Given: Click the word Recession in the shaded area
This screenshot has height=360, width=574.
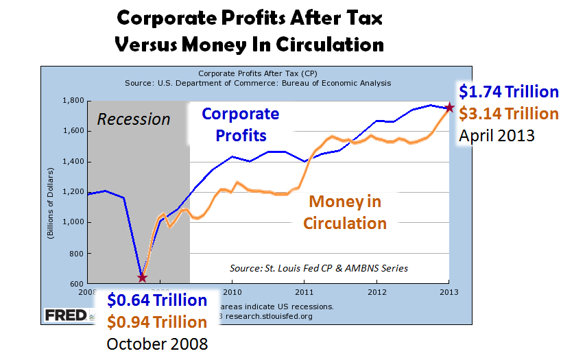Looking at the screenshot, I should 133,119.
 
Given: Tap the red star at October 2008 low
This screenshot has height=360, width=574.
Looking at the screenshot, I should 142,278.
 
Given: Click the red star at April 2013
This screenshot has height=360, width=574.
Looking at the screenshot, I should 449,108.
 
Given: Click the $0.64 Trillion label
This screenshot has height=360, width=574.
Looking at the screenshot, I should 156,300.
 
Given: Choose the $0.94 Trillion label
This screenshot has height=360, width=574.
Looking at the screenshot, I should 156,322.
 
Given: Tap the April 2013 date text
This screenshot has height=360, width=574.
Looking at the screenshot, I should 497,134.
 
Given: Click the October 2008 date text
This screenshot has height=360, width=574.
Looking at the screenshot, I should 156,342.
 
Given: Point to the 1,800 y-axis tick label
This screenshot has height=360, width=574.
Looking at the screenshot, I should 72,101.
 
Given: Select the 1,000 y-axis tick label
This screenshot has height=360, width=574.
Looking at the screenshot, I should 72,223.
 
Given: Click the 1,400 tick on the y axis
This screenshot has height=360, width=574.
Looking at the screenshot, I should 72,162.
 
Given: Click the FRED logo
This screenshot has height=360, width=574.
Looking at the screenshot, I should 66,315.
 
